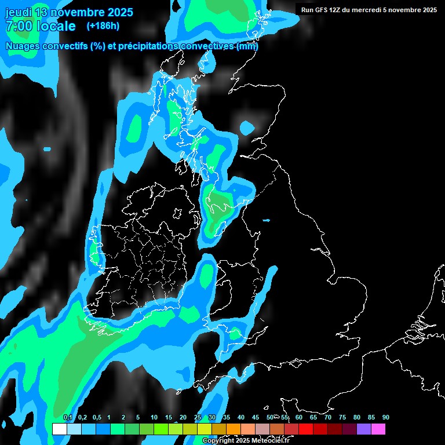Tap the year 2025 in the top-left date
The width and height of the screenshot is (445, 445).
click(117, 12)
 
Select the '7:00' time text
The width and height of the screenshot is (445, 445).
click(17, 26)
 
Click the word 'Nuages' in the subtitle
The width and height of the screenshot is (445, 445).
click(24, 46)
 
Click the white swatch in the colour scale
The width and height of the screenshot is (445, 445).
click(59, 429)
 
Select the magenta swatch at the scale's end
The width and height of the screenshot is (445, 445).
click(378, 429)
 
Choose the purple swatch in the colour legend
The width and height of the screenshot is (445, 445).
click(363, 429)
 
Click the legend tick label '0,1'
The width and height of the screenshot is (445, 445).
click(68, 418)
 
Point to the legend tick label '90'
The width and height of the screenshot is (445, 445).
click(386, 418)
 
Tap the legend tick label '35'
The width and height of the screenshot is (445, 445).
click(226, 418)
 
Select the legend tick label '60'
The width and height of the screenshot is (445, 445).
click(298, 418)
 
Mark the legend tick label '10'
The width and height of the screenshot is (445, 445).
click(154, 418)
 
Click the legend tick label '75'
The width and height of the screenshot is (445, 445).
click(342, 418)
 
